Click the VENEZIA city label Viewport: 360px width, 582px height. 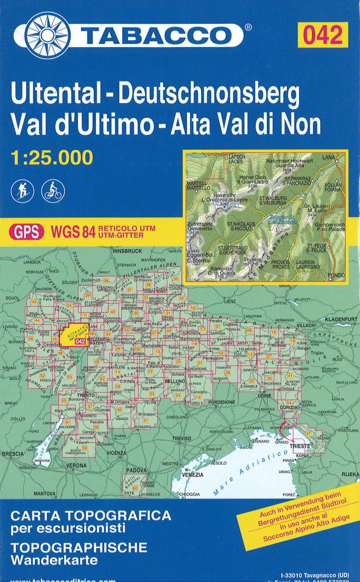[x=192, y=474]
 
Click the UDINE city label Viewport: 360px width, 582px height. [x=264, y=395]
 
